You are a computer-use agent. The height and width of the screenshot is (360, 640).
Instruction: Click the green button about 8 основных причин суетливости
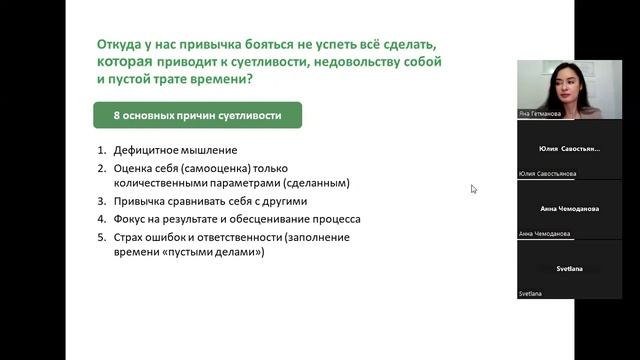tap(197, 115)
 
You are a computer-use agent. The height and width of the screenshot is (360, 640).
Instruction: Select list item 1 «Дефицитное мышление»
tap(167, 150)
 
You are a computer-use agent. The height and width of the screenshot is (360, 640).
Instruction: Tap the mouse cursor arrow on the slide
tap(473, 188)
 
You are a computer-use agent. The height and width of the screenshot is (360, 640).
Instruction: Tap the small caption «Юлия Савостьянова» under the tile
tap(548, 174)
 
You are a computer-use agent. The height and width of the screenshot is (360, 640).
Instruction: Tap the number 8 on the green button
tap(117, 115)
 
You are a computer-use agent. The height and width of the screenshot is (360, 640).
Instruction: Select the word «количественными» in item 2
tap(157, 184)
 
